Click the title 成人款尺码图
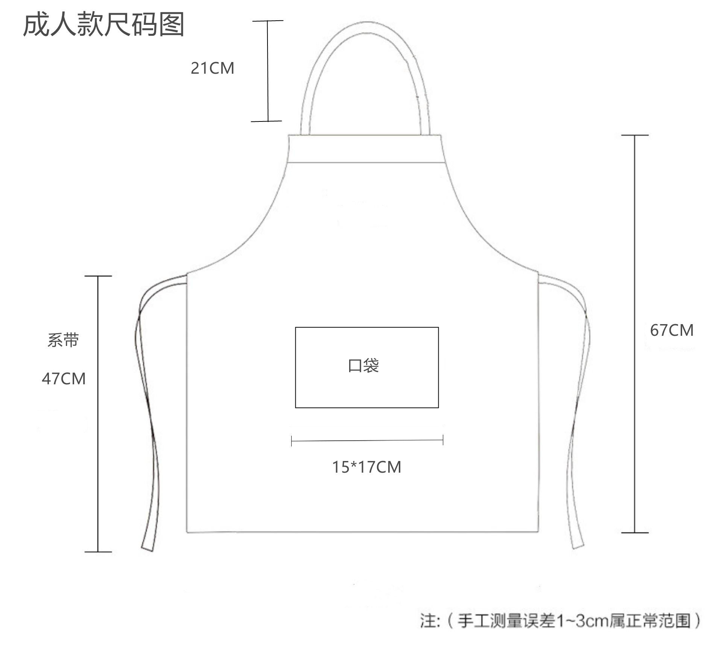click(103, 24)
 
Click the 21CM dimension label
click(212, 68)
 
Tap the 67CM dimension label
click(672, 330)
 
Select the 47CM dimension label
click(64, 379)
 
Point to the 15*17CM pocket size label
click(366, 467)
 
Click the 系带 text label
click(63, 340)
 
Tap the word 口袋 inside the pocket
click(363, 365)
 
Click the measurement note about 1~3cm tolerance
click(561, 620)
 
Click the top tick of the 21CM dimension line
click(268, 21)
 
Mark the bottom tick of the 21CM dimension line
click(267, 121)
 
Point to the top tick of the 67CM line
click(635, 135)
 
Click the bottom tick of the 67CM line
click(635, 532)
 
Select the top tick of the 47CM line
click(98, 276)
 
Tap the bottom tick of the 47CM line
click(98, 552)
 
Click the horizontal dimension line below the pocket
click(367, 440)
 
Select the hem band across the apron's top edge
click(364, 149)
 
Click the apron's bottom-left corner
click(187, 532)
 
